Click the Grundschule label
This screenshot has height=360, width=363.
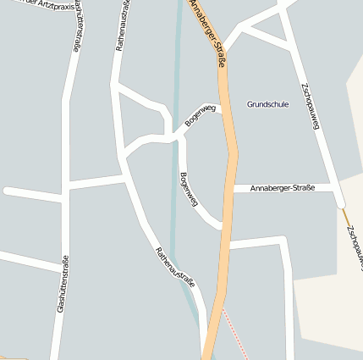tap(267, 104)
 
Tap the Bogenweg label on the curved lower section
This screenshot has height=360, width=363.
tap(189, 190)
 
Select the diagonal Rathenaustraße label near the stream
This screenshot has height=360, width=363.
tap(175, 267)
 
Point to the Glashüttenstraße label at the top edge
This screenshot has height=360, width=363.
tap(78, 25)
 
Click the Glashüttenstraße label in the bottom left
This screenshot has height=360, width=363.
tap(61, 285)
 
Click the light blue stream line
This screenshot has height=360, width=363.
tap(176, 85)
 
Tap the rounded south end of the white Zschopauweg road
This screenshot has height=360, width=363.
tap(340, 202)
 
